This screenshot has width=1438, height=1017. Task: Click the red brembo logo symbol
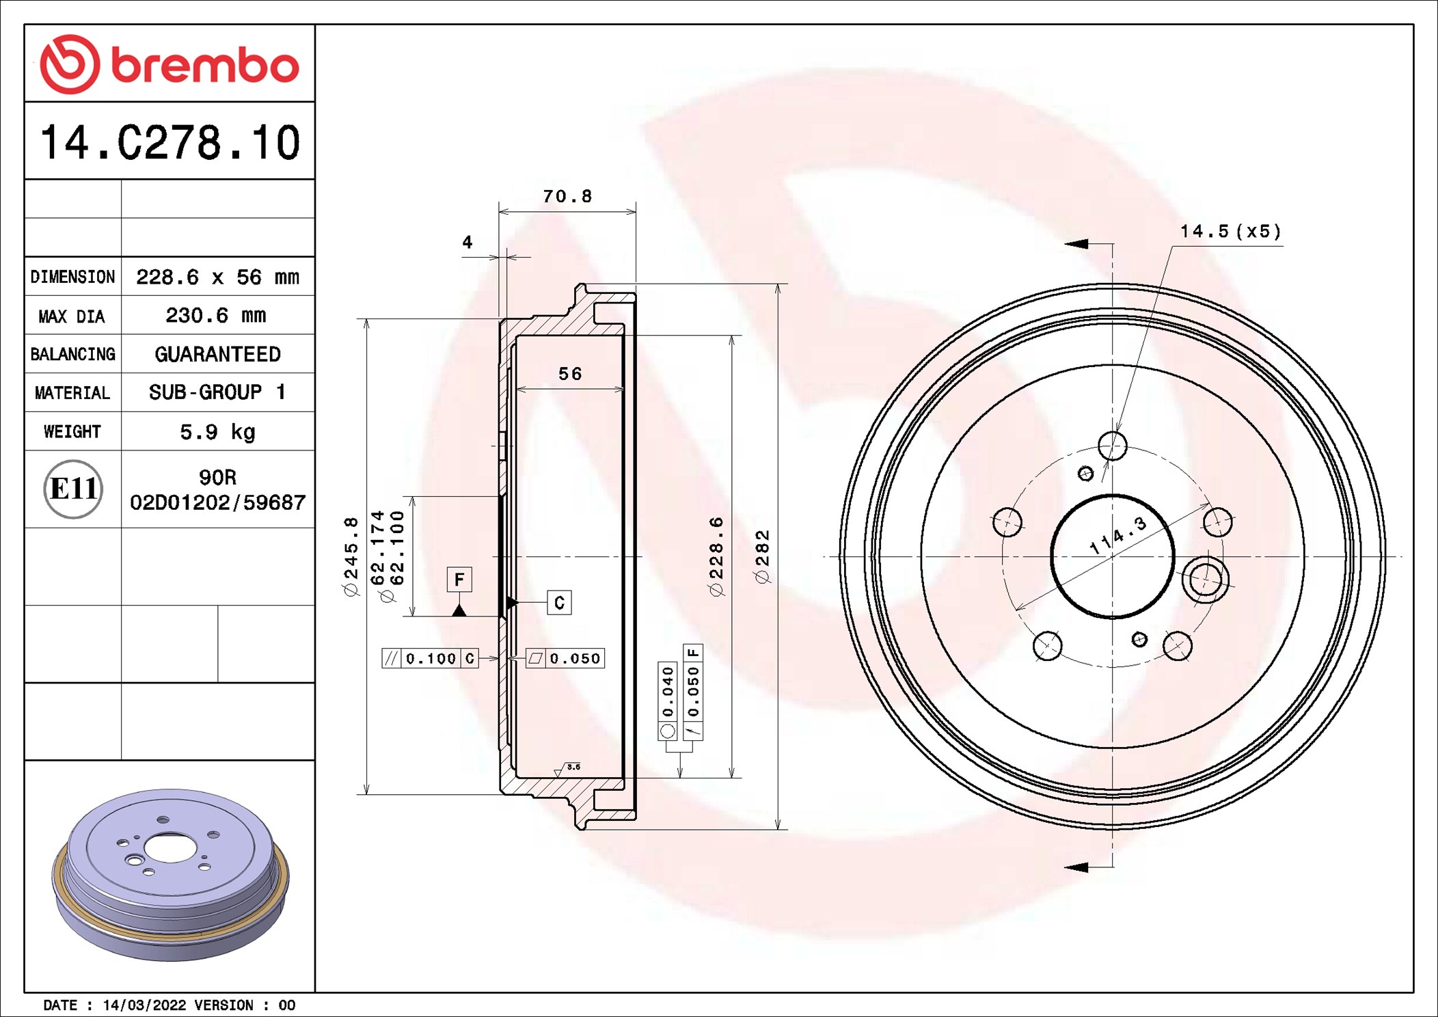click(70, 64)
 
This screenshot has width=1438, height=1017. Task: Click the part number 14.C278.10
click(170, 143)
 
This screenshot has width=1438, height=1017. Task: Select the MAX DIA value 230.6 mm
click(216, 315)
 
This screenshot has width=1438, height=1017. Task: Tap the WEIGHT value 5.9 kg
click(217, 432)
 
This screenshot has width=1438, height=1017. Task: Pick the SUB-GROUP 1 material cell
click(217, 392)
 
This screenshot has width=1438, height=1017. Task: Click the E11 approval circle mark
click(73, 489)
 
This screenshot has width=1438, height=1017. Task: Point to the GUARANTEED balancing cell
click(217, 354)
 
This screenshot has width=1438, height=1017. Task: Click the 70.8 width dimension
click(567, 196)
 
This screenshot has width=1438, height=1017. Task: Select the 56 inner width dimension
click(570, 374)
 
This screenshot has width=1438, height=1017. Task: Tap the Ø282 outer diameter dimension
click(763, 556)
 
